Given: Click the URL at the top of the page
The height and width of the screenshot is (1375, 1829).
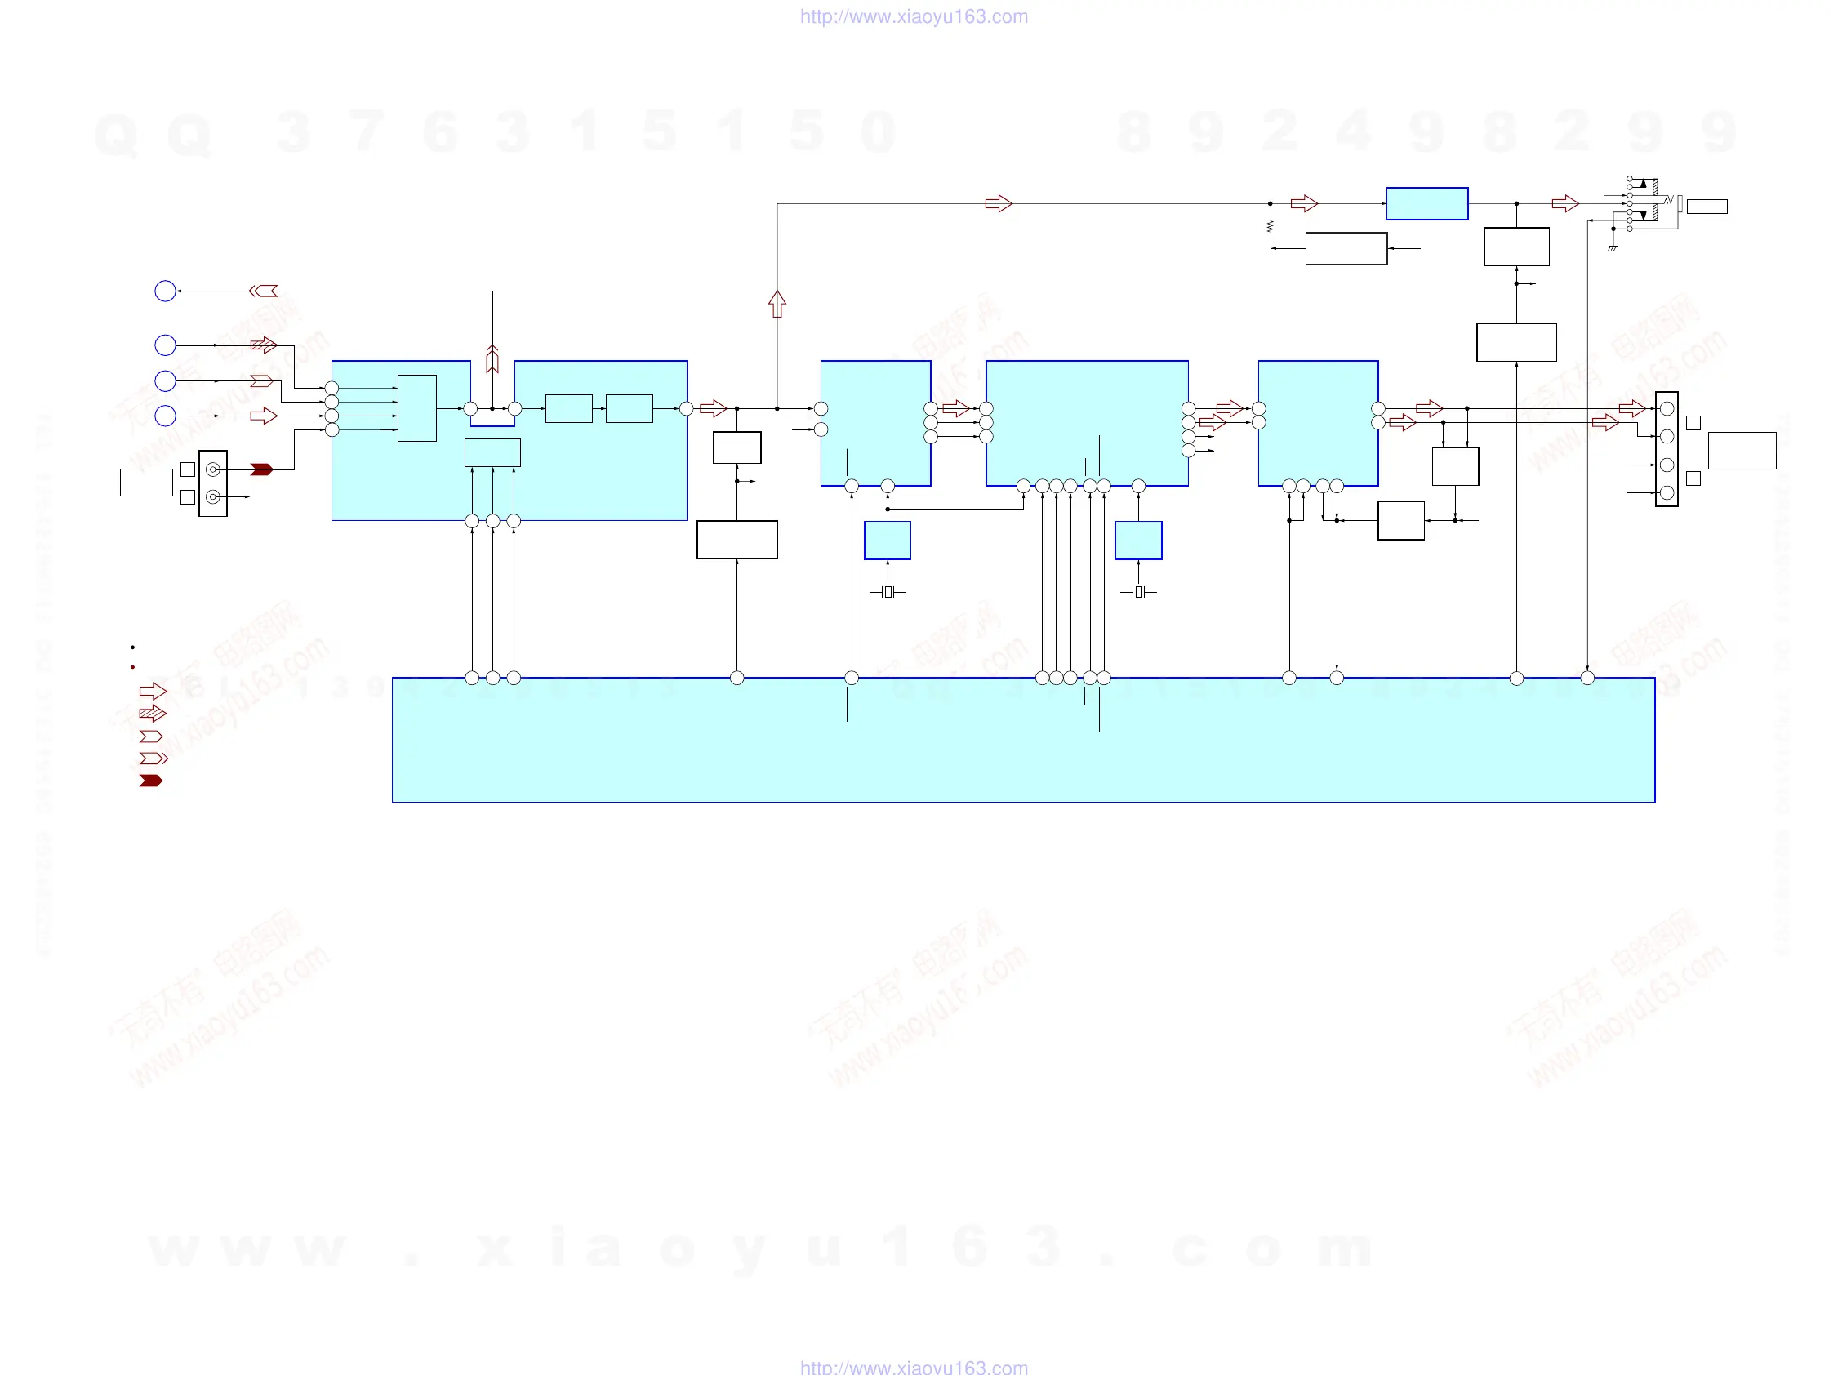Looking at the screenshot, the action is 914,16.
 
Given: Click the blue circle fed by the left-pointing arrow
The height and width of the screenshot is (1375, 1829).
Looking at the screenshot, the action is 166,291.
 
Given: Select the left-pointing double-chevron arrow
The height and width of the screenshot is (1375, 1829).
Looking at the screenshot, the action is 263,291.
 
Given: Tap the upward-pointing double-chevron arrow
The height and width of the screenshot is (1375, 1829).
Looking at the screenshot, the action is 493,358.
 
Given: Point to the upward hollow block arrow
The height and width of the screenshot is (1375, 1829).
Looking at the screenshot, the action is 777,304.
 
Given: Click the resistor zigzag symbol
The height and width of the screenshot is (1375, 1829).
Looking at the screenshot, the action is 1270,225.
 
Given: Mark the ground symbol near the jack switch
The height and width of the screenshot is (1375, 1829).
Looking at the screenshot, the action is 1613,247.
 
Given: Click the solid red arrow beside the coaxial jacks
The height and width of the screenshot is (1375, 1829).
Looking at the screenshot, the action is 261,469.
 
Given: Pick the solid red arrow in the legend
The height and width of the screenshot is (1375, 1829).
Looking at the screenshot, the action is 151,781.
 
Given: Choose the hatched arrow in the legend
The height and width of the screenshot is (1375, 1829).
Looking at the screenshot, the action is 153,713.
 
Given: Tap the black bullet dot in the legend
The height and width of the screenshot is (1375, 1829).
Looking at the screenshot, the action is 132,647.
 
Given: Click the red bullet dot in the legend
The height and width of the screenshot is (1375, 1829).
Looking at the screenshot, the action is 132,667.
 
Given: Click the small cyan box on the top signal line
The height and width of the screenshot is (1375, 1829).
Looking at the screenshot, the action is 1427,203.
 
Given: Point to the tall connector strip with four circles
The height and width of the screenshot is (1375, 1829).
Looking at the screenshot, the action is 1667,449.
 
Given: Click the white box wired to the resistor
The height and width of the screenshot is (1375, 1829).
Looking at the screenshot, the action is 1346,248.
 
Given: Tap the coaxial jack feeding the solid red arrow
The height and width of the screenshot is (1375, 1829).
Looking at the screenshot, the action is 212,469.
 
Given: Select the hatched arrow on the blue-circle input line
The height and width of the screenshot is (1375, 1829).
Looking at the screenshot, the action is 264,345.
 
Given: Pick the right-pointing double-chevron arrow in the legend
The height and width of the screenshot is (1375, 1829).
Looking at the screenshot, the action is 154,759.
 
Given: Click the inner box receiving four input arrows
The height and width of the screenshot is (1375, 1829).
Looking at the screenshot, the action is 416,408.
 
